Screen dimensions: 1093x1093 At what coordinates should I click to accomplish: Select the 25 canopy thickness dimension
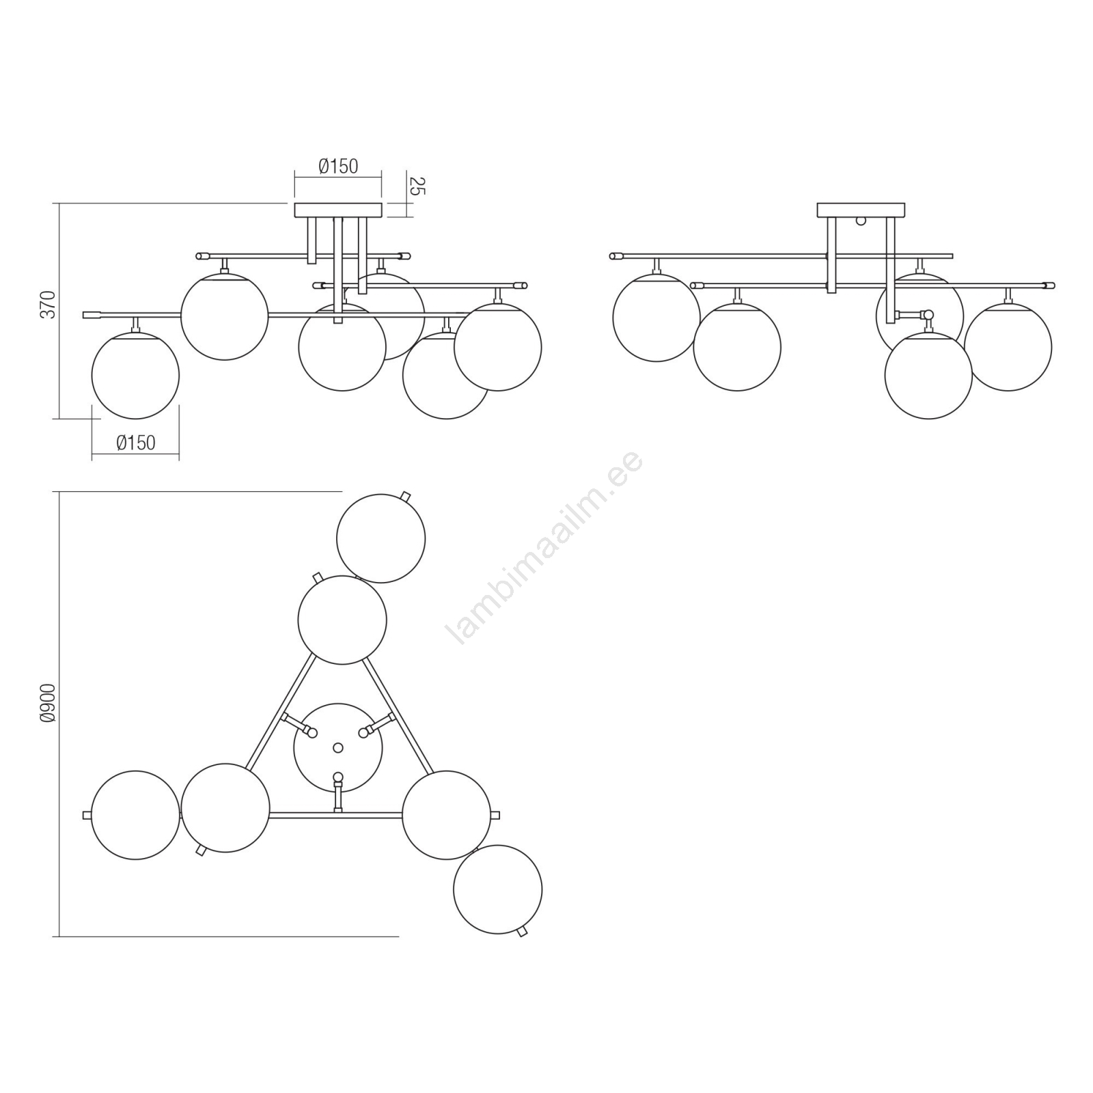tap(417, 186)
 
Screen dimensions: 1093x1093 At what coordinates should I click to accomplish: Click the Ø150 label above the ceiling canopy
tap(338, 166)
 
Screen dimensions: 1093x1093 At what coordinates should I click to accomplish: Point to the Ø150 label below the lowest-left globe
tap(136, 443)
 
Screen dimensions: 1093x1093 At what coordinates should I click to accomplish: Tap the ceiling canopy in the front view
tap(338, 210)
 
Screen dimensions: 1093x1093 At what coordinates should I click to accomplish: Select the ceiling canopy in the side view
tap(861, 210)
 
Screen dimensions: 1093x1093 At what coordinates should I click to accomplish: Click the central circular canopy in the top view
tap(338, 748)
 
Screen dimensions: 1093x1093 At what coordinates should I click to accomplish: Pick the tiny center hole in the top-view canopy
tap(337, 748)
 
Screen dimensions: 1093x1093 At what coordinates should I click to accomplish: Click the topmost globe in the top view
tap(381, 538)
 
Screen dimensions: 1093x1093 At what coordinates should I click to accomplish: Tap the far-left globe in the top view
tap(135, 815)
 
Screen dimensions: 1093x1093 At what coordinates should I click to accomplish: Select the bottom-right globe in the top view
tap(497, 889)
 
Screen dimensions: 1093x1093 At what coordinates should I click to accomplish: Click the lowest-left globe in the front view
tap(135, 375)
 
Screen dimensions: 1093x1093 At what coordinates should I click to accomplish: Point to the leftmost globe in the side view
tap(656, 318)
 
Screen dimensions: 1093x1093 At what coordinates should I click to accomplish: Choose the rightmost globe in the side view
tap(1008, 347)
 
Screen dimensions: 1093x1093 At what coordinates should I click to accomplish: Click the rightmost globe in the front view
tap(498, 347)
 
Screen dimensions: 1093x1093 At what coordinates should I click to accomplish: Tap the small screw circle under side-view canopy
tap(861, 221)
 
